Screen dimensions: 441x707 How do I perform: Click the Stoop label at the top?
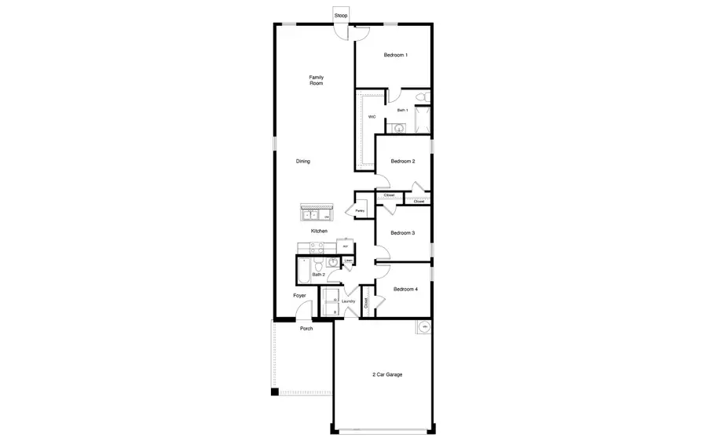pos(341,16)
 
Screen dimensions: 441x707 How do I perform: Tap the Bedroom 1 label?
pos(395,55)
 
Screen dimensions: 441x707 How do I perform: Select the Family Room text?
pos(316,80)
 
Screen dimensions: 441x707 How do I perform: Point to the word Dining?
pos(302,162)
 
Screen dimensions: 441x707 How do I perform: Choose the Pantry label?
pos(360,211)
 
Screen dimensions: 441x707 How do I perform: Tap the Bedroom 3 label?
pos(402,233)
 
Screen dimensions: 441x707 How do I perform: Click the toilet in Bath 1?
pos(421,97)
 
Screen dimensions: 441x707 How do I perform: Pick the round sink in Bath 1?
pos(398,127)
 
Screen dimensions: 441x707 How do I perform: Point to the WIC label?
pos(372,117)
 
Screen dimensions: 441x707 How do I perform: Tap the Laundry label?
pos(348,301)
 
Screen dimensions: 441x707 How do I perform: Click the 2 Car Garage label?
pos(387,375)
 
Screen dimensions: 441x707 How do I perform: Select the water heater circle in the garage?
pos(425,327)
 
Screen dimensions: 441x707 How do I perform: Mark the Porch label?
pos(306,329)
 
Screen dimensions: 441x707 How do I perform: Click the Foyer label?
pos(299,296)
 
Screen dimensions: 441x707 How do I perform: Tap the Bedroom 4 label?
pos(405,290)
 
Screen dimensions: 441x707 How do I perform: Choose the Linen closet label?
pos(348,260)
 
